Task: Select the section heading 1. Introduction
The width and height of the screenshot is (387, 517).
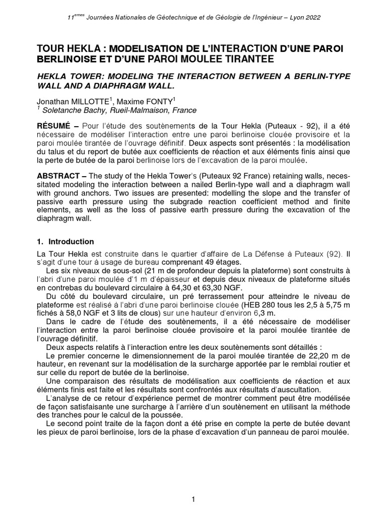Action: coord(66,242)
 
